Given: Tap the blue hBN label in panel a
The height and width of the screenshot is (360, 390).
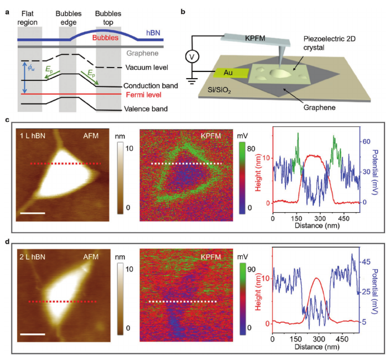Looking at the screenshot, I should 153,33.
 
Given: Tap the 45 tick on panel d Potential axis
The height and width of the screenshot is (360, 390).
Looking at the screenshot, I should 365,261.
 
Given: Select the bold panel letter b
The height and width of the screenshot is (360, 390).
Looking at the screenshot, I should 183,10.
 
